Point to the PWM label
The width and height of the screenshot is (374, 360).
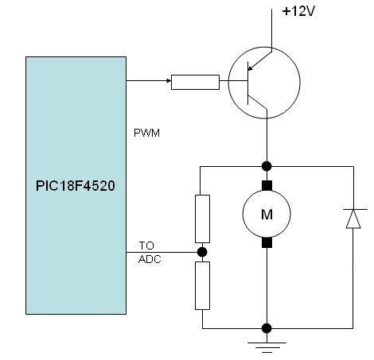[148, 133]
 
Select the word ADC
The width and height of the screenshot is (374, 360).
[149, 257]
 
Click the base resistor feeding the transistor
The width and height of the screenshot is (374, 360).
[196, 80]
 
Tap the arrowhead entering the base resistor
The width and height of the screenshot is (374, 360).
[167, 80]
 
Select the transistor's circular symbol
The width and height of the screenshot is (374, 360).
[264, 80]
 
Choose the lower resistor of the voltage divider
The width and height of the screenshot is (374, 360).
[203, 286]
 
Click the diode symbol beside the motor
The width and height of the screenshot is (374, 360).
[351, 219]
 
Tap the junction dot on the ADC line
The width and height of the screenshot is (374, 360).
[203, 253]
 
